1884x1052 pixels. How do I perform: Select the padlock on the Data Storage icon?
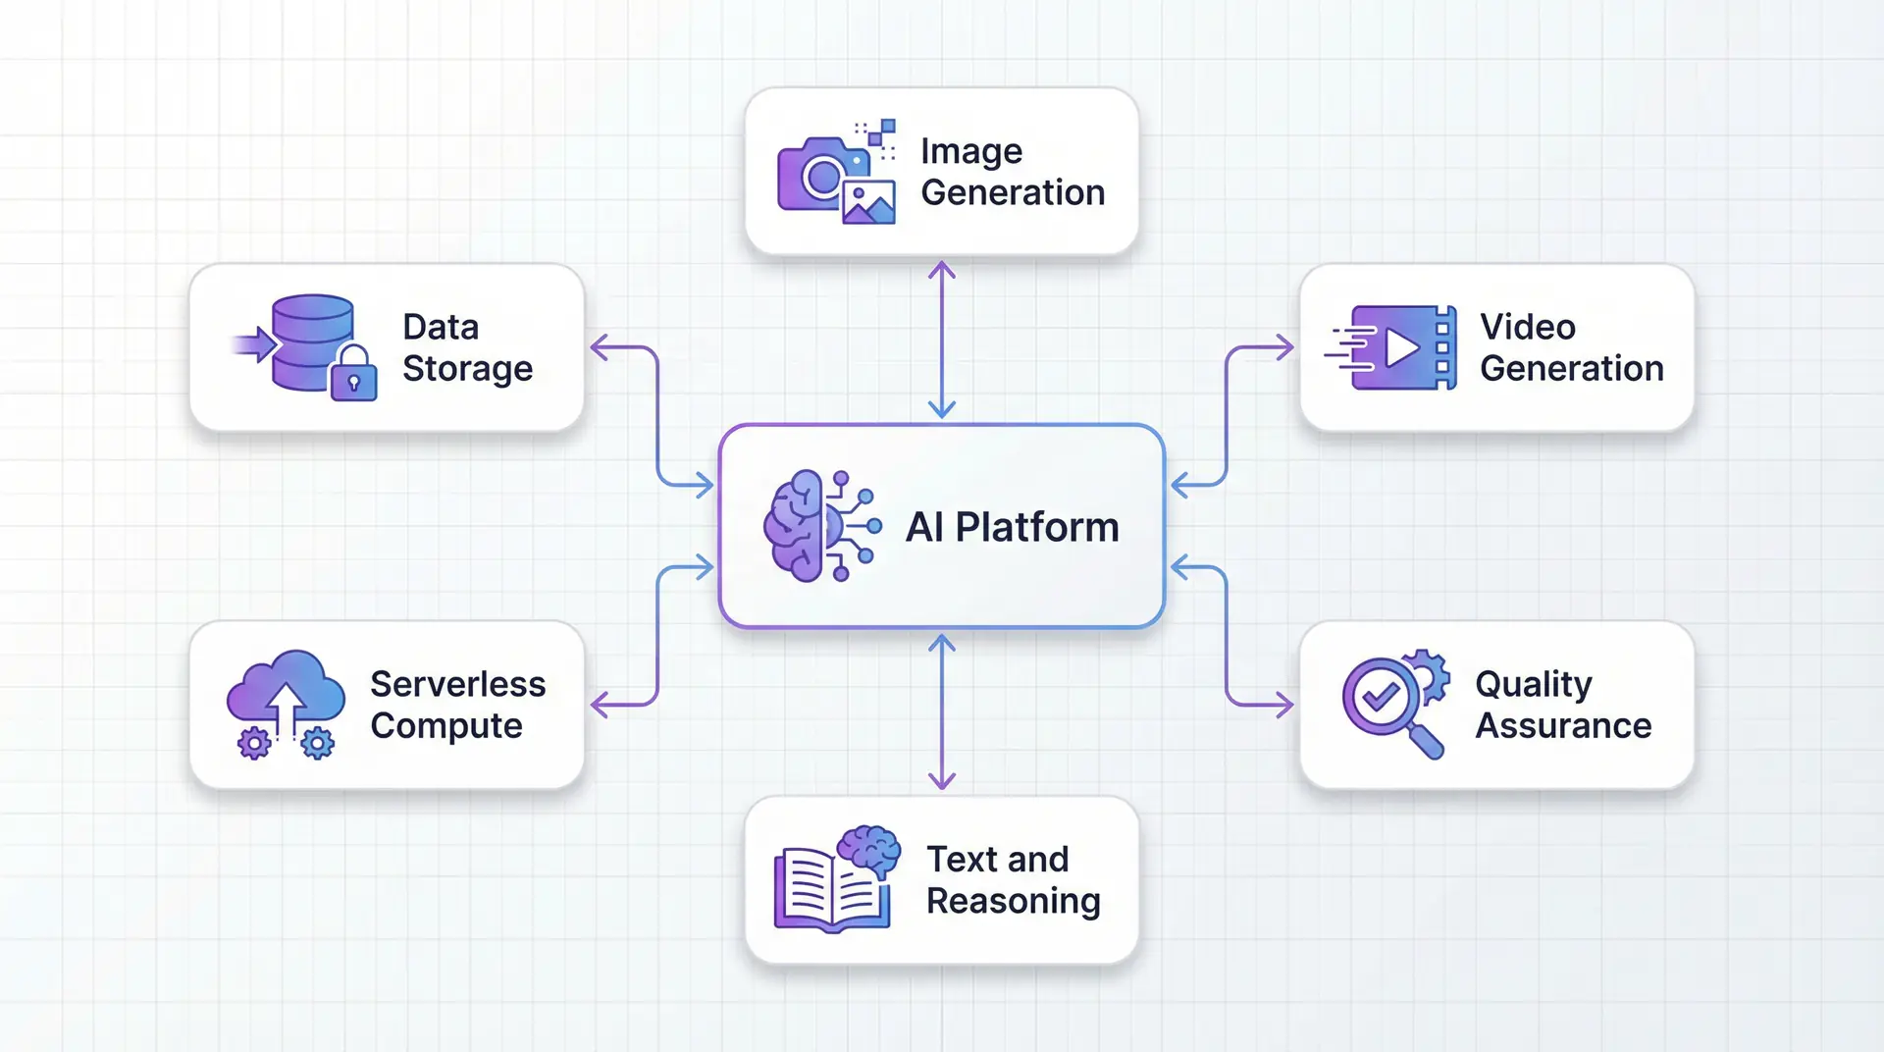point(354,375)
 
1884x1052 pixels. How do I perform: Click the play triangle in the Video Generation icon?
point(1402,348)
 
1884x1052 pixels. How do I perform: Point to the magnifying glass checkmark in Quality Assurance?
point(1381,697)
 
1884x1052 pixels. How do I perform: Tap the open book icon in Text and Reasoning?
point(832,888)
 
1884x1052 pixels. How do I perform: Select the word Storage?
point(467,369)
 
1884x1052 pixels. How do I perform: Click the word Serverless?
point(457,684)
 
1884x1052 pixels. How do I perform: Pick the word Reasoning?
point(1013,901)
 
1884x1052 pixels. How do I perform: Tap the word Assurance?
point(1563,725)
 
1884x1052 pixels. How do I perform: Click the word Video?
point(1527,327)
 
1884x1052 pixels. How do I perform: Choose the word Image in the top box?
point(970,151)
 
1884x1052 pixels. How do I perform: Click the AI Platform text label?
point(1012,527)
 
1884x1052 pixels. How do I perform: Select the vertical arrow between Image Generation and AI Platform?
point(942,339)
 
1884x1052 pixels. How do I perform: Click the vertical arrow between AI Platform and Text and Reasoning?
point(942,711)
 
